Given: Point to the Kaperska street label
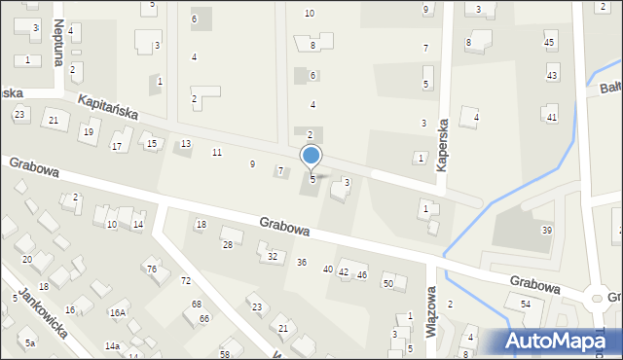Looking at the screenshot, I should click(442, 145).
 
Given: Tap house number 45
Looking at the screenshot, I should click(549, 43).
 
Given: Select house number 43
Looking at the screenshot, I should click(552, 76).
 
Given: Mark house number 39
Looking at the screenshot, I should click(547, 231).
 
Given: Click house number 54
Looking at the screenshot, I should click(526, 305).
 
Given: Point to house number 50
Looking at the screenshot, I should click(387, 283).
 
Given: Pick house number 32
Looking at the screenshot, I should click(273, 257).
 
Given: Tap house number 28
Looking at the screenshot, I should click(228, 244).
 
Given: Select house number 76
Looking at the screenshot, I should click(152, 269).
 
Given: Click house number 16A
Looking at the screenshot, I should click(118, 313).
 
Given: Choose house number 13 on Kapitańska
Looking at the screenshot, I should click(185, 144).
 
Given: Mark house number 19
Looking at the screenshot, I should click(89, 132).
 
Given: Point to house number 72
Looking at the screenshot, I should click(185, 281).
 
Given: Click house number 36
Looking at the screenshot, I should click(302, 263).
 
